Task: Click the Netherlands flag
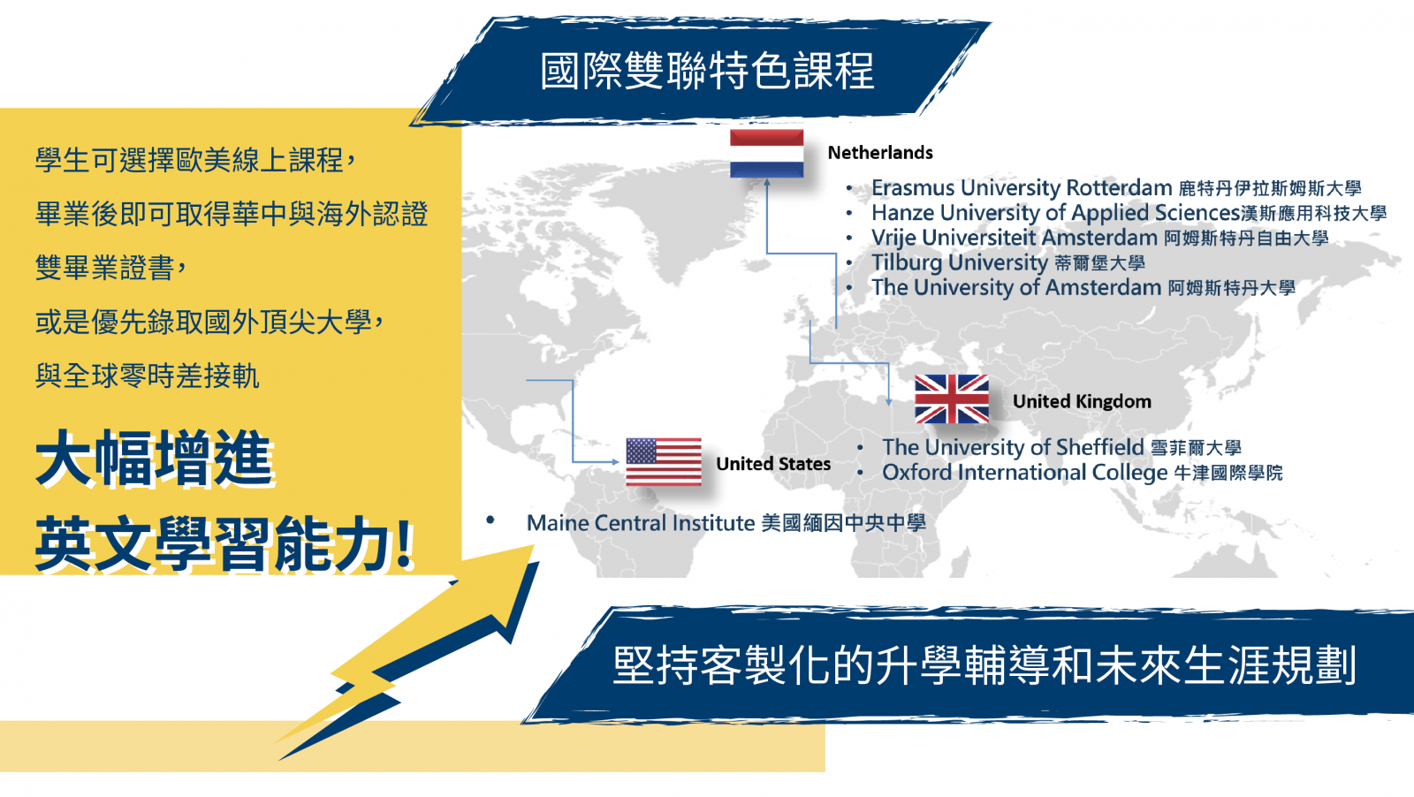(x=766, y=154)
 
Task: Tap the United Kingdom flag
(x=952, y=398)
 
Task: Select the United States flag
(x=664, y=462)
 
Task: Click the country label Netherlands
(x=880, y=153)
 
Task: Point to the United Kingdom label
(x=1082, y=401)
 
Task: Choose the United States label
(x=773, y=464)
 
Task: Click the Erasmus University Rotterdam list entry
(x=1116, y=188)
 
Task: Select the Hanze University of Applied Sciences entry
(x=1129, y=213)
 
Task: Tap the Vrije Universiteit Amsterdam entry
(x=1099, y=238)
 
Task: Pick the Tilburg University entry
(x=1008, y=262)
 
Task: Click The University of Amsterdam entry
(x=1083, y=288)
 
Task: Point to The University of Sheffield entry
(x=1061, y=447)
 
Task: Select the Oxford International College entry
(x=1083, y=473)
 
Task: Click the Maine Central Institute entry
(x=726, y=523)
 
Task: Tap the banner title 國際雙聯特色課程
(x=707, y=71)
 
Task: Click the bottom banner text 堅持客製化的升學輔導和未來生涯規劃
(x=984, y=665)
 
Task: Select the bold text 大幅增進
(x=155, y=459)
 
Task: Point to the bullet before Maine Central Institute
(x=490, y=520)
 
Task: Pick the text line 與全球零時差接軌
(x=147, y=376)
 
